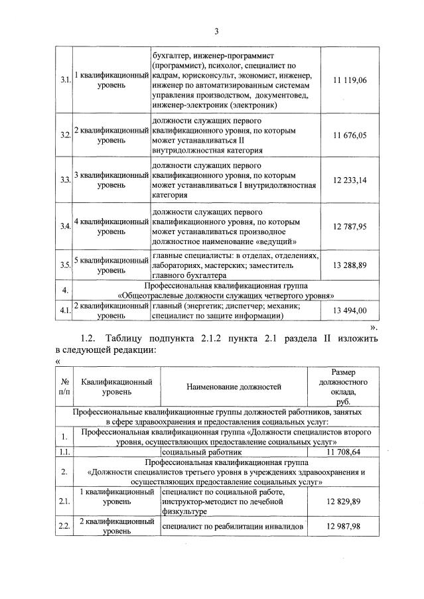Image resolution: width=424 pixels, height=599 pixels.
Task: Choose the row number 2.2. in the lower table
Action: [x=65, y=525]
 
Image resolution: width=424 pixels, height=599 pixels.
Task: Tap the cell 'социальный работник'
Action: [x=192, y=451]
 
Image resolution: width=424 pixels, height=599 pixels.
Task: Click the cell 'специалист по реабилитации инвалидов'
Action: [x=233, y=525]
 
